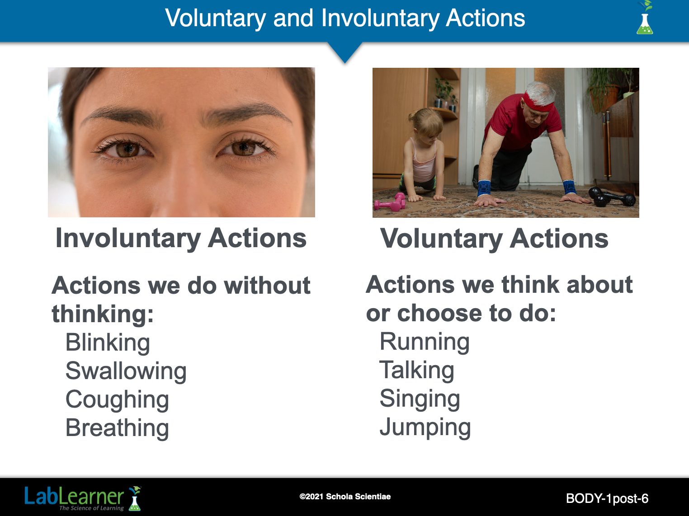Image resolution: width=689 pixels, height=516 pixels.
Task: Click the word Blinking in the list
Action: (108, 343)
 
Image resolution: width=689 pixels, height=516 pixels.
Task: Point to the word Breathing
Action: (117, 429)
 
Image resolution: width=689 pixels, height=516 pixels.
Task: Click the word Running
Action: (425, 342)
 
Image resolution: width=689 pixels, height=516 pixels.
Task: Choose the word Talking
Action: (417, 371)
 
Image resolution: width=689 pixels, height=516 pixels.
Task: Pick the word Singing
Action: (420, 399)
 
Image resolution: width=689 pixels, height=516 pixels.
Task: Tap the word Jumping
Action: (425, 428)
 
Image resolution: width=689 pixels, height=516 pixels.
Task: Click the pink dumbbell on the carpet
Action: (390, 202)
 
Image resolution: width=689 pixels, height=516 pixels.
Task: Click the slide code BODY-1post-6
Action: (607, 498)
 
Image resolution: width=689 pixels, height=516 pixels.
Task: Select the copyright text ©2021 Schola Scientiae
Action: (345, 497)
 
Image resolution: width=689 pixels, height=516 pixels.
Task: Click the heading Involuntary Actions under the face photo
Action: (181, 239)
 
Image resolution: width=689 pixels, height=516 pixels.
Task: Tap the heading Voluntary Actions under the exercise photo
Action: (494, 239)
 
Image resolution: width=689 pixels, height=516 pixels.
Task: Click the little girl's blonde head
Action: (426, 123)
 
